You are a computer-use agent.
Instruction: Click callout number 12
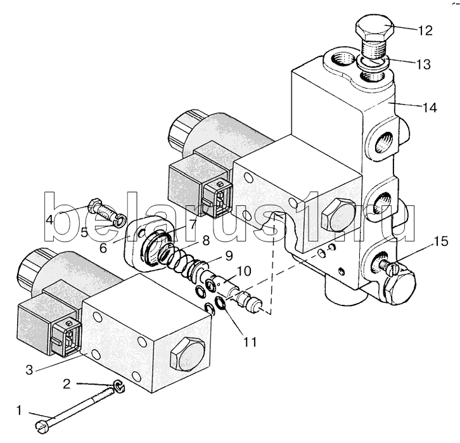pyautogui.click(x=425, y=30)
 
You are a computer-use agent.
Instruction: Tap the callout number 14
pyautogui.click(x=430, y=108)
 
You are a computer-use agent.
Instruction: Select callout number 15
pyautogui.click(x=441, y=241)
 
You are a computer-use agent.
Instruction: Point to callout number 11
pyautogui.click(x=250, y=342)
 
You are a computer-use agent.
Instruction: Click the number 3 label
pyautogui.click(x=29, y=369)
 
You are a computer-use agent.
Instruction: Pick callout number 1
pyautogui.click(x=19, y=410)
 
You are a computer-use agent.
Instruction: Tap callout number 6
pyautogui.click(x=103, y=248)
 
